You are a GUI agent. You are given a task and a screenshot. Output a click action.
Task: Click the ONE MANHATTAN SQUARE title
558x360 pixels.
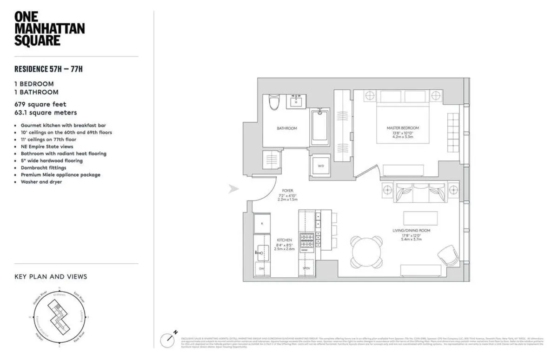point(49,28)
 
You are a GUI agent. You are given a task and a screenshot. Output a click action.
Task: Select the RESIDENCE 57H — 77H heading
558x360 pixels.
point(52,70)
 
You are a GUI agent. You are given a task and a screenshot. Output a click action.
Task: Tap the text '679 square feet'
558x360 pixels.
point(40,104)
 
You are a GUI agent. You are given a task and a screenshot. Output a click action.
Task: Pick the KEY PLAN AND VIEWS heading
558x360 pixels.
point(51,277)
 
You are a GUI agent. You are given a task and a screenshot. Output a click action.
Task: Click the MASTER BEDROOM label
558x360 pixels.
point(403,128)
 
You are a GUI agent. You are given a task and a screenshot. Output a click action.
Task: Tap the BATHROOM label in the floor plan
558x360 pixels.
point(286,128)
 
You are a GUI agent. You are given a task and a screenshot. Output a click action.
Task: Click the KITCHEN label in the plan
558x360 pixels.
point(284,240)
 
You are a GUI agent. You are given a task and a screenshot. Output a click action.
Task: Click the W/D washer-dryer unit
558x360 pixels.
point(321,165)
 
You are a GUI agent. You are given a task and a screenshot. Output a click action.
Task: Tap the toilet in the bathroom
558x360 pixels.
point(273,102)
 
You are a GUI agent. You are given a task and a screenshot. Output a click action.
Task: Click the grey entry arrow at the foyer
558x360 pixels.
point(233,189)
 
